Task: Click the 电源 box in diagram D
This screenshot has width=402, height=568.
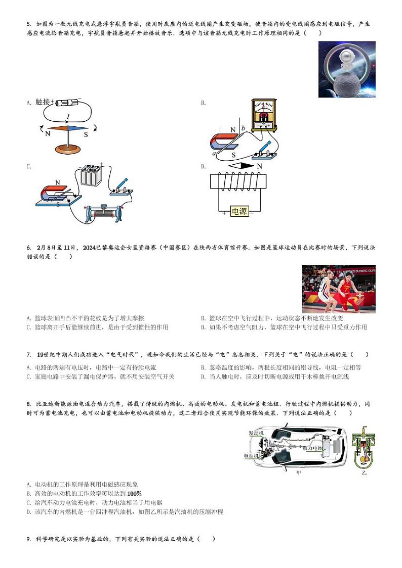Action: (x=239, y=211)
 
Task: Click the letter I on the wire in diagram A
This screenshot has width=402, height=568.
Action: (x=68, y=117)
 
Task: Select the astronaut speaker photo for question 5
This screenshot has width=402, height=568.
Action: (x=347, y=69)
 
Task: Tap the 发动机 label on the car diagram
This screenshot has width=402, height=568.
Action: (x=256, y=433)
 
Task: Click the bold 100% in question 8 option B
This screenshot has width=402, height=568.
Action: (x=134, y=493)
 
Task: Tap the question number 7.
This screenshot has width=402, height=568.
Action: (x=29, y=355)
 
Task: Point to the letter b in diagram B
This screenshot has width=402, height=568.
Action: (x=244, y=128)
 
